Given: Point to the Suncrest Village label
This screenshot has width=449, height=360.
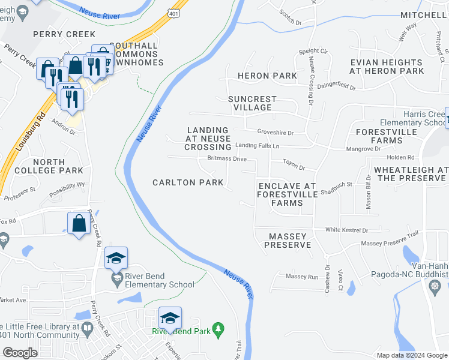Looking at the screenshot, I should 252,103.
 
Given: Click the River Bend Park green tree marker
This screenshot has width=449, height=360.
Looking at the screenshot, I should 219,329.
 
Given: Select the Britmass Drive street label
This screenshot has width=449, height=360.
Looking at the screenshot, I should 226,159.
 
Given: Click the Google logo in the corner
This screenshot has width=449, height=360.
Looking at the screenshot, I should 20,352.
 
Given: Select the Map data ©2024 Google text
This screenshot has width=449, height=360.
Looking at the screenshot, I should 412,355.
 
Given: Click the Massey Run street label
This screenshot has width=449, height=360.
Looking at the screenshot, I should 301,277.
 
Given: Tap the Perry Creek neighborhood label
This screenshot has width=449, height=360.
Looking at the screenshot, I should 64,34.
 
